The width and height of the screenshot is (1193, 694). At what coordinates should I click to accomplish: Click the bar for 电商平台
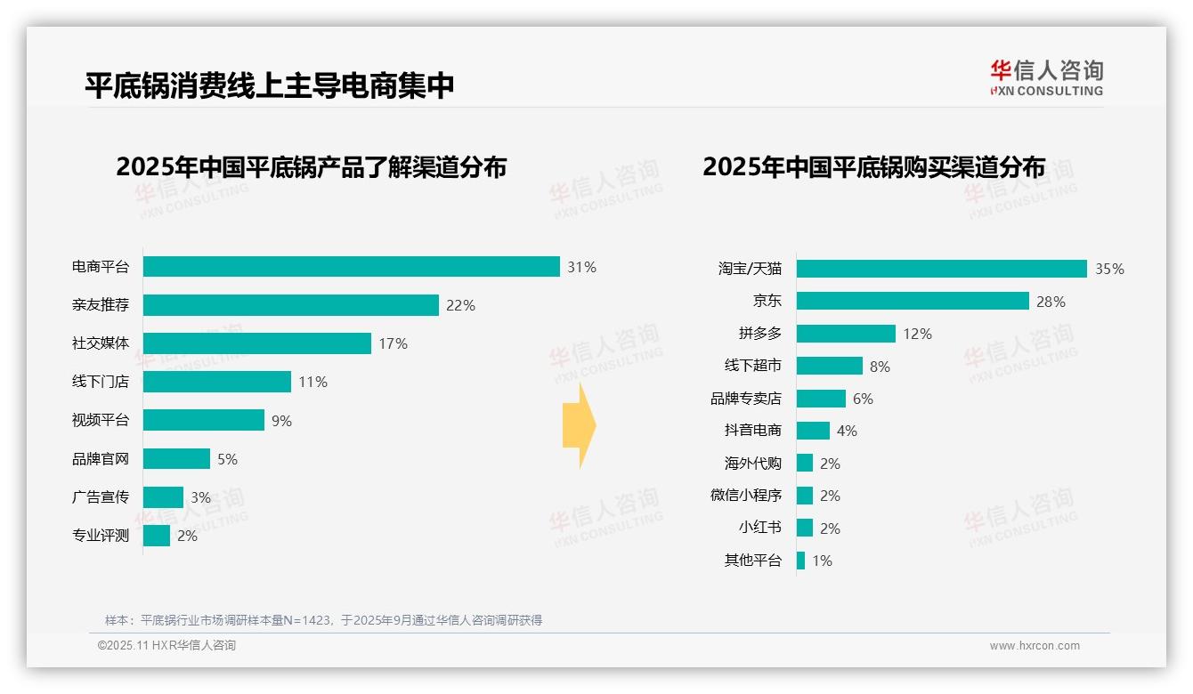pos(351,267)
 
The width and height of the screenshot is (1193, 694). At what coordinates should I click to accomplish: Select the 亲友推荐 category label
pos(101,305)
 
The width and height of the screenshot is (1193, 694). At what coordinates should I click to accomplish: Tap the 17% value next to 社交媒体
pos(393,343)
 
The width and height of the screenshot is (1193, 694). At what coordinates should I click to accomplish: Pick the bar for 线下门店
pos(216,382)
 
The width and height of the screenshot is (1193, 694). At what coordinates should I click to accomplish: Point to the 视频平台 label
pos(101,420)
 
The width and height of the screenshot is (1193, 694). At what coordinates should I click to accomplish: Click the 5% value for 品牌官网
pos(227,459)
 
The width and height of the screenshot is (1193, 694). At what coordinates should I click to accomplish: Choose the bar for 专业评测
pos(157,536)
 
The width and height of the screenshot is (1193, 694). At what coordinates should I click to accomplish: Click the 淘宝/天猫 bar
pos(941,269)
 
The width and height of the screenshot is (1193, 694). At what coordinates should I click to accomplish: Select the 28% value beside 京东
pos(1051,302)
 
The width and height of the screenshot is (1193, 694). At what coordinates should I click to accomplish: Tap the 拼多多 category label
pos(759,334)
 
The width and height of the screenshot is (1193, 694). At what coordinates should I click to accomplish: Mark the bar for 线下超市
pos(829,366)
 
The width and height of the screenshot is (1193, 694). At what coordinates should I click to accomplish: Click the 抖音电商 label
pos(752,431)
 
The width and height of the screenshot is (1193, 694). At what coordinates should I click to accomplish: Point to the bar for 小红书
pos(805,528)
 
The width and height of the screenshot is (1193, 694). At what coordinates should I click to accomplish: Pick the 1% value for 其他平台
pos(822,561)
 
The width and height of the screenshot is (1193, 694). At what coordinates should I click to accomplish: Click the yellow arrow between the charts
pos(580,426)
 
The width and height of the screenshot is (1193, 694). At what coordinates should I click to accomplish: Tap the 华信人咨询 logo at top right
pos(1046,78)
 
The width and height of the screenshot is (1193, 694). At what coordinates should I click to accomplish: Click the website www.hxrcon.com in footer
pos(1035,646)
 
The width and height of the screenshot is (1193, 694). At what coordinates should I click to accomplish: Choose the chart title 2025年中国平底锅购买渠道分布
pos(873,167)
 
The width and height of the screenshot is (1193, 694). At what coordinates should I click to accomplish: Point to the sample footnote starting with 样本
pos(323,620)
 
